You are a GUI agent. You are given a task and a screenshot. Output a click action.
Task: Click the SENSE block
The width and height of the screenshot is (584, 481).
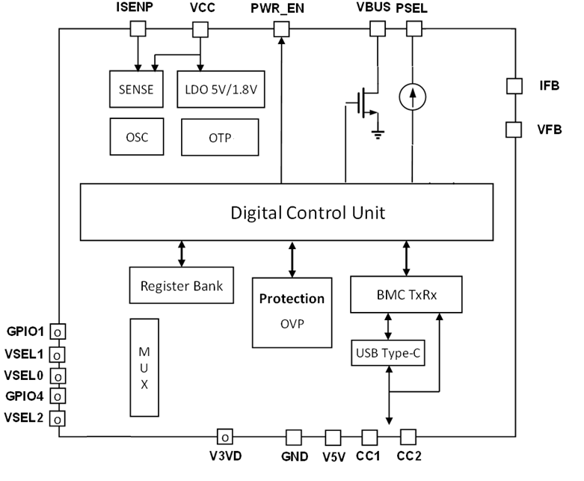[135, 89]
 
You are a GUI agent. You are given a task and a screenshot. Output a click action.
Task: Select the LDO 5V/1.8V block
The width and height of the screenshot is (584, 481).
[221, 89]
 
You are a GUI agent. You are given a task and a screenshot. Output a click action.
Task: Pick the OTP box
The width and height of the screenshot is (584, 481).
[220, 137]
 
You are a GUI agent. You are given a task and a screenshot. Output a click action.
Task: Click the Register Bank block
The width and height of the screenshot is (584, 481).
[180, 285]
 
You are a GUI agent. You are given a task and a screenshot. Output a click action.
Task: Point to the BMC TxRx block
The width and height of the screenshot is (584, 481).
[406, 295]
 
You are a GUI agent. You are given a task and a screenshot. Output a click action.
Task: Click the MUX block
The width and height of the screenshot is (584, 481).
[144, 367]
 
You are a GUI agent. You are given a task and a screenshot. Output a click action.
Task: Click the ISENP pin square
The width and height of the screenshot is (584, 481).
[138, 28]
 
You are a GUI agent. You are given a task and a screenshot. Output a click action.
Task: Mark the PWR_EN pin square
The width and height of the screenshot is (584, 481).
[281, 28]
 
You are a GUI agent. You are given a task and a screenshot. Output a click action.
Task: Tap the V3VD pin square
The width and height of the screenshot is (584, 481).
[224, 435]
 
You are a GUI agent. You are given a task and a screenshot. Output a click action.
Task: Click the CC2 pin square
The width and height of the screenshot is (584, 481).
[408, 435]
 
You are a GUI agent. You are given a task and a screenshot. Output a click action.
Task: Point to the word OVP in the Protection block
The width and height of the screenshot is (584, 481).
[292, 324]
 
